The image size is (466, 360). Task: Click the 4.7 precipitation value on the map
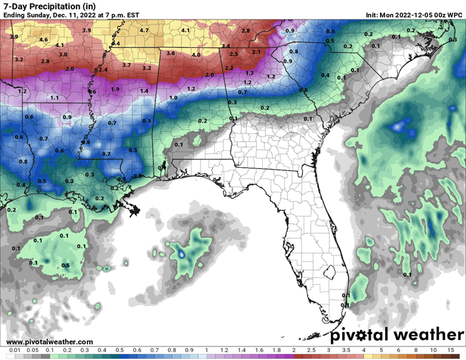tap(144, 30)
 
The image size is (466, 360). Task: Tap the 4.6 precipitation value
tap(44, 39)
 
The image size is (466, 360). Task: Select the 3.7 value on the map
tap(127, 65)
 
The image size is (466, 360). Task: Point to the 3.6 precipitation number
tap(171, 52)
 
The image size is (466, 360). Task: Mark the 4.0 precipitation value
tap(196, 55)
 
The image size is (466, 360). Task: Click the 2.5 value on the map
tap(234, 54)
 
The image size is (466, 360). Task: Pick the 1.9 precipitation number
tap(115, 89)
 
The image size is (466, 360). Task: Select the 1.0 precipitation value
tap(173, 97)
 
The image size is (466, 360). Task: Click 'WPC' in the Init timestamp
tap(454, 14)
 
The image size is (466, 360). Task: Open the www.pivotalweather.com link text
tap(50, 342)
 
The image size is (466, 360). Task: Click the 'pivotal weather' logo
tap(397, 335)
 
